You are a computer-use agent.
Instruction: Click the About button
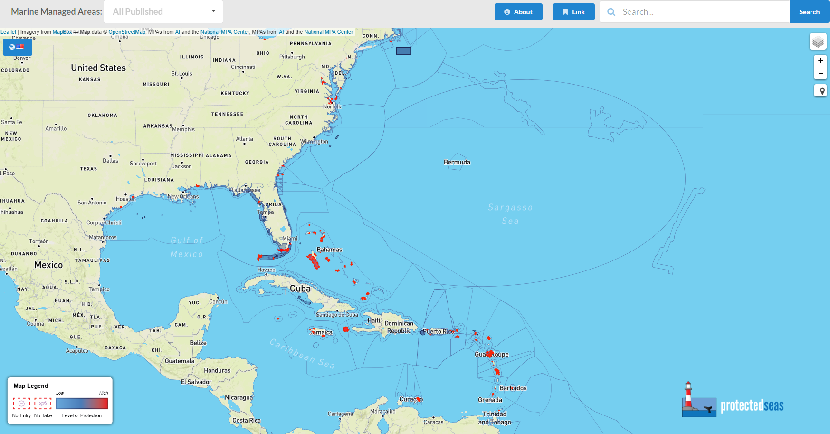point(518,12)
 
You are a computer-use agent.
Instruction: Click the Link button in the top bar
point(573,12)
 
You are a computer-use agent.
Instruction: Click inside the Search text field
point(698,12)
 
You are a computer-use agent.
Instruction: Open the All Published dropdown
point(163,12)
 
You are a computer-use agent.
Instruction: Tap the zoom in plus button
point(820,61)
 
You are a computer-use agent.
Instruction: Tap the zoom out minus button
point(820,73)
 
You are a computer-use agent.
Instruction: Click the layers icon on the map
point(818,42)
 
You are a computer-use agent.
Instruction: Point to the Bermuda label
point(457,163)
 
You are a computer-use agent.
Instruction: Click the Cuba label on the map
point(300,289)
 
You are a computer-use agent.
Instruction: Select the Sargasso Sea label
point(510,214)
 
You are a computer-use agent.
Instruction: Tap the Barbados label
point(513,388)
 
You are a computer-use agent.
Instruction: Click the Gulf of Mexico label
point(187,247)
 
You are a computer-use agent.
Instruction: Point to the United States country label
point(98,68)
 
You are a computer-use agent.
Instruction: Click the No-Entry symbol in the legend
point(21,404)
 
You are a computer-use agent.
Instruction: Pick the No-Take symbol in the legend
point(43,404)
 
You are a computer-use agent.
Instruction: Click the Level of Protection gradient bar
point(82,404)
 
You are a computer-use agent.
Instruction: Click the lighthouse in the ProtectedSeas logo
point(688,395)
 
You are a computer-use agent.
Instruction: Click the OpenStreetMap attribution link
point(127,32)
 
